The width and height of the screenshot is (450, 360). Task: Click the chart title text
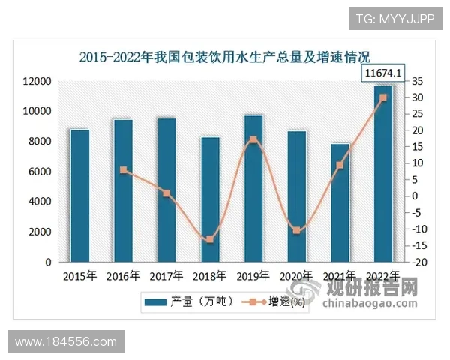pos(226,55)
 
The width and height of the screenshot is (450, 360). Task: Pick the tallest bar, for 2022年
pos(383,173)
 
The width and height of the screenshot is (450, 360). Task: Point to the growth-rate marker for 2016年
pos(123,170)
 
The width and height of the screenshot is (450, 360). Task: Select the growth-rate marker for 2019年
pos(253,140)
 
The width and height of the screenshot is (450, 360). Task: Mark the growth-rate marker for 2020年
pos(297,230)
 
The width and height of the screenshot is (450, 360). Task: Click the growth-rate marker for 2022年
pos(383,97)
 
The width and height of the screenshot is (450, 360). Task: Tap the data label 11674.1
pos(383,73)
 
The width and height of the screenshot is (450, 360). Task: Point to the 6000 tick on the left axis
pos(39,172)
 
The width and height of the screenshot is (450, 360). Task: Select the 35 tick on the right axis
pos(418,81)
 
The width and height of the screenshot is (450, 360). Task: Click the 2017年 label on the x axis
pos(166,275)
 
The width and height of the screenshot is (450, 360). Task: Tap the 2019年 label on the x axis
pos(253,275)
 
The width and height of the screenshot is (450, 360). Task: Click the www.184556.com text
pos(66,342)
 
